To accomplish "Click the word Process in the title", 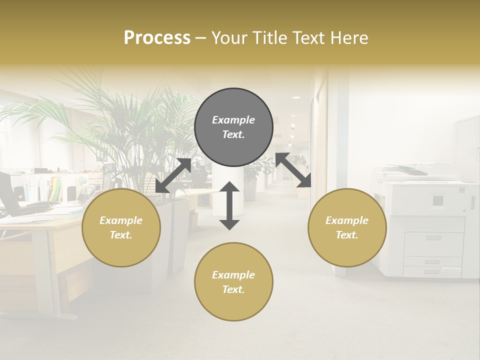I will [x=157, y=38].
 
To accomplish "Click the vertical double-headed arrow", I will [x=229, y=205].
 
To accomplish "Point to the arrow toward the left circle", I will [x=173, y=175].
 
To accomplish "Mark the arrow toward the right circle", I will [x=293, y=170].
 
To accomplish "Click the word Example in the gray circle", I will [x=233, y=120].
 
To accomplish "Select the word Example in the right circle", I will [x=347, y=220].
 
